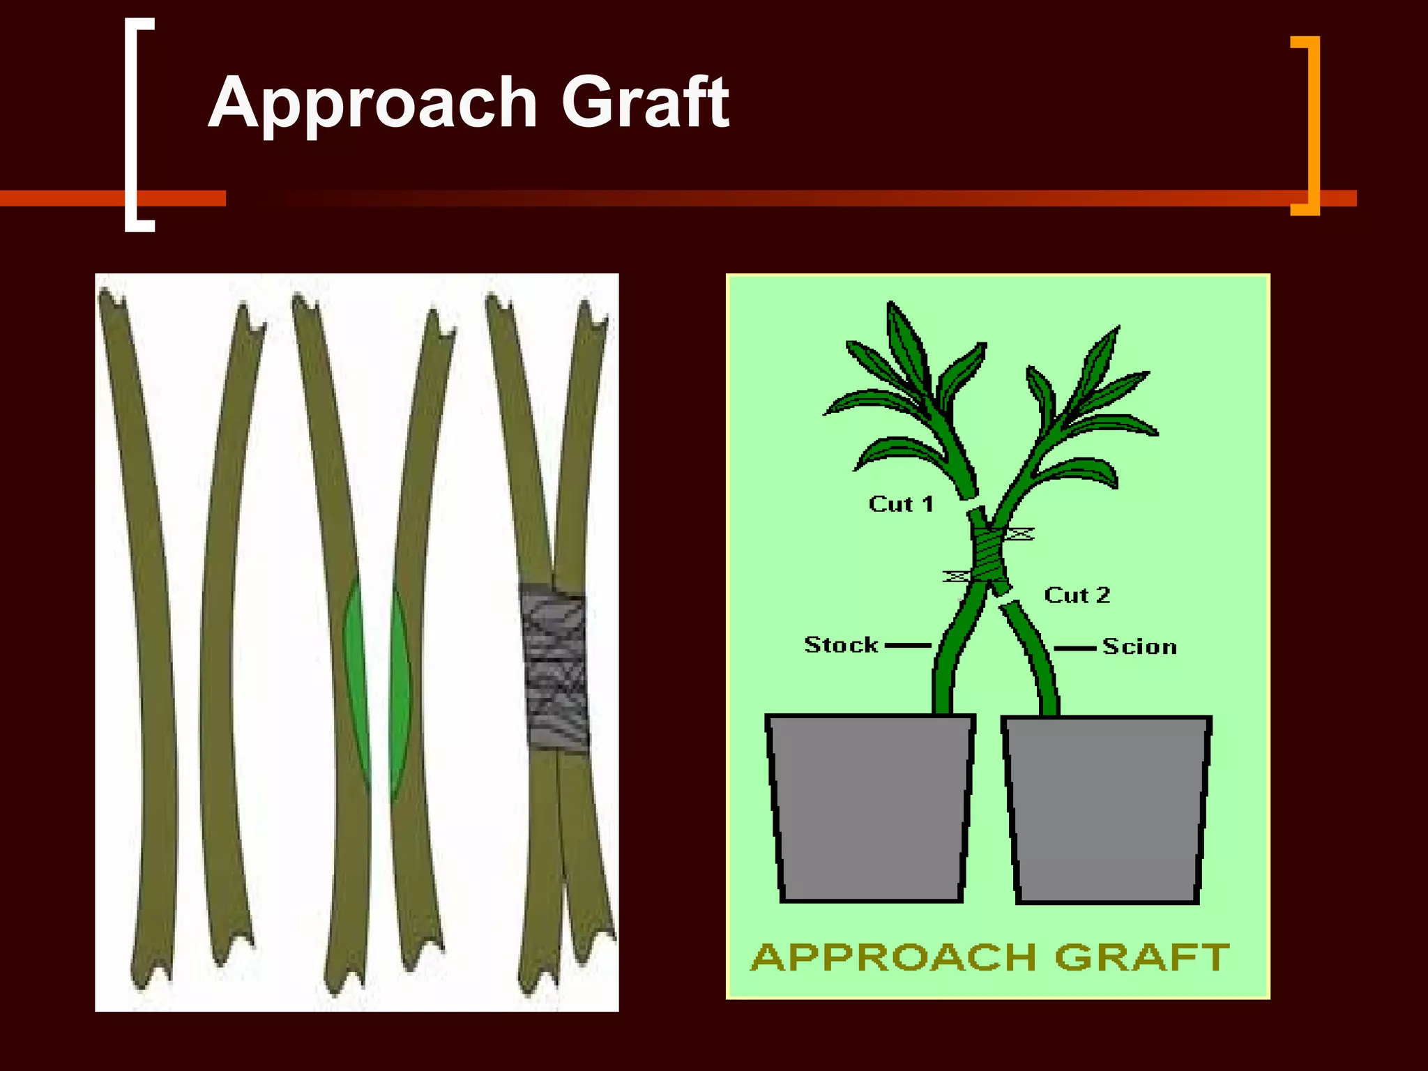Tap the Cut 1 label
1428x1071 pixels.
pyautogui.click(x=900, y=503)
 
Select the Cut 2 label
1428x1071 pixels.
pyautogui.click(x=1077, y=595)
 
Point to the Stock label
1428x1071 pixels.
pyautogui.click(x=841, y=644)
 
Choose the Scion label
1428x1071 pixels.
pyautogui.click(x=1139, y=646)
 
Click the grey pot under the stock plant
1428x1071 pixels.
pyautogui.click(x=870, y=807)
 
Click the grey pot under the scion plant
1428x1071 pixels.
pyautogui.click(x=1107, y=809)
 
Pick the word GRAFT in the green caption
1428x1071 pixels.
pyautogui.click(x=1141, y=957)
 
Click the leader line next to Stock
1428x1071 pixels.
pyautogui.click(x=908, y=646)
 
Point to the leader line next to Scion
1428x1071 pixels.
pyautogui.click(x=1074, y=648)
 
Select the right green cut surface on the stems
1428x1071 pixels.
pyautogui.click(x=400, y=690)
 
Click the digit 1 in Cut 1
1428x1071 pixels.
pyautogui.click(x=927, y=503)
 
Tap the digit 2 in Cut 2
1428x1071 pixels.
pyautogui.click(x=1102, y=595)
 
